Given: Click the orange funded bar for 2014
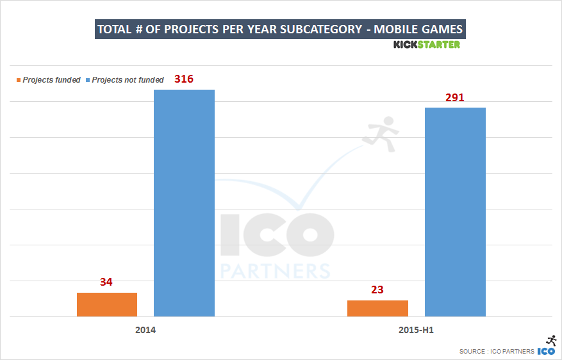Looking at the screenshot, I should point(107,304).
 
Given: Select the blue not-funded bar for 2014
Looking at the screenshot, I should point(185,203).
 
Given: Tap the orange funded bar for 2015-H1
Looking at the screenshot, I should point(377,308).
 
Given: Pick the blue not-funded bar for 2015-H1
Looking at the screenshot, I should point(455,212).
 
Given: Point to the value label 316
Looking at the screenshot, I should point(184,79).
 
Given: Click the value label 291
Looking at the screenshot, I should point(454,97).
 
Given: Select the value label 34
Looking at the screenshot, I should point(106,282).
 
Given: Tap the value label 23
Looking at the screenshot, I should point(377,290).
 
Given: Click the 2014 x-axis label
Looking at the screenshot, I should point(145,331).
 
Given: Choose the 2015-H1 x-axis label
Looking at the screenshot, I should point(416,331).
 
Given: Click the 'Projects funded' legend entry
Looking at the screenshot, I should point(51,80).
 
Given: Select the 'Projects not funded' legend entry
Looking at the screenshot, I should point(128,80).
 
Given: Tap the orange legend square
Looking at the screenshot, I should point(19,81).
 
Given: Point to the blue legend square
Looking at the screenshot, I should point(88,81).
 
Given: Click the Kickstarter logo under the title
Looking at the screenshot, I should point(426,45).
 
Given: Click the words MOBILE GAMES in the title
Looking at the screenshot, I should point(418,29).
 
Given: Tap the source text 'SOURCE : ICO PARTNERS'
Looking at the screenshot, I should point(497,351).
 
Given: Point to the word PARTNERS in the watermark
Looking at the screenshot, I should point(276,268).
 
